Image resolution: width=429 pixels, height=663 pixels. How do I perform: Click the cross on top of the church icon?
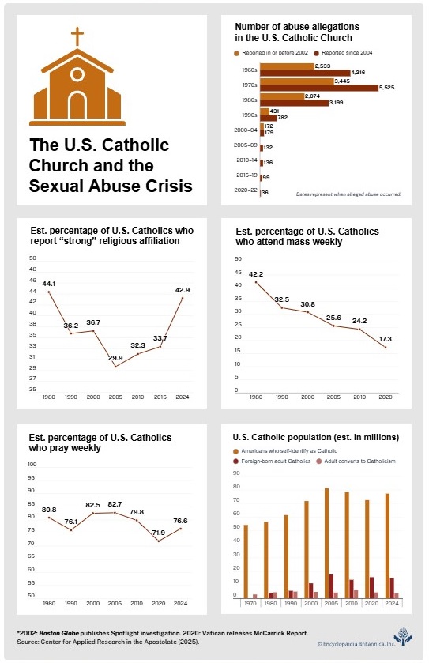click(77, 37)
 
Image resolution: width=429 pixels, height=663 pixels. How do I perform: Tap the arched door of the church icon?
click(77, 104)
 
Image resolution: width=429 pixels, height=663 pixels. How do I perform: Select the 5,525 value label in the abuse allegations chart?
click(391, 87)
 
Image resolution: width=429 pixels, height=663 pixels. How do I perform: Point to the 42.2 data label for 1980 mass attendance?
click(255, 274)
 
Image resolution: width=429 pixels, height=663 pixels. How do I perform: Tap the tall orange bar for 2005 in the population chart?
click(326, 544)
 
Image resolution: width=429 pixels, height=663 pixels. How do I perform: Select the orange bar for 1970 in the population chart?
click(246, 562)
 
